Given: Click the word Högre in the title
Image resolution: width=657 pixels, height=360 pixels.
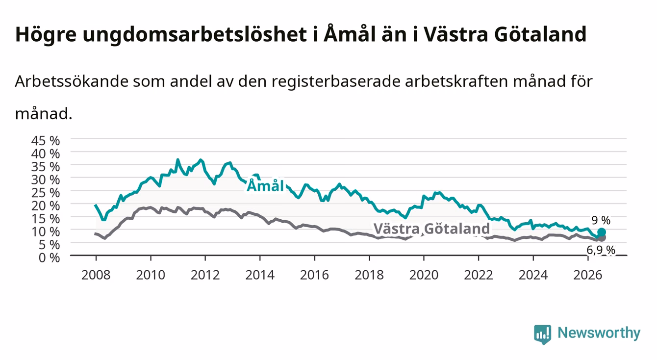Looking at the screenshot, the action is [x=46, y=35].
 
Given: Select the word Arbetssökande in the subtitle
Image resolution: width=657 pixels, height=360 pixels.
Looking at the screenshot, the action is [x=72, y=81].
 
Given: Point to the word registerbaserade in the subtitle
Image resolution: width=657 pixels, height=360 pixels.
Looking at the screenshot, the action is [x=336, y=82].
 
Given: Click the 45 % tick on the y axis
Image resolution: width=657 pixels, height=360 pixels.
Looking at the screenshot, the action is [x=46, y=141].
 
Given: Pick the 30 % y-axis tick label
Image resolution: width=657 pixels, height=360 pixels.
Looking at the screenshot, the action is [x=46, y=180].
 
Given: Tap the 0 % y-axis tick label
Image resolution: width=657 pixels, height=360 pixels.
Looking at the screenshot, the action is [x=49, y=257].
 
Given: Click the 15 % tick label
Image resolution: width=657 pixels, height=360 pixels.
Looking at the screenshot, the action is [x=46, y=219].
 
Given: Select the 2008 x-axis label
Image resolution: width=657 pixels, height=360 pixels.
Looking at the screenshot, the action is [x=96, y=275].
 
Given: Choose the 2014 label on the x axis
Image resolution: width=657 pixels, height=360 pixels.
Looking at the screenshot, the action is [x=260, y=275].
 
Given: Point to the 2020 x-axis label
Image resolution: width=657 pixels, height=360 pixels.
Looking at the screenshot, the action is [x=424, y=275].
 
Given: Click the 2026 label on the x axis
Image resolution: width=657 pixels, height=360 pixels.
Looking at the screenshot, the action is [x=588, y=275].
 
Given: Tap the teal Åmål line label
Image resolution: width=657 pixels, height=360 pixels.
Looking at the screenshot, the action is [x=265, y=186].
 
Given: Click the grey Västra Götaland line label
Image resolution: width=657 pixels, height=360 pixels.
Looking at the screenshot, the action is [x=431, y=229].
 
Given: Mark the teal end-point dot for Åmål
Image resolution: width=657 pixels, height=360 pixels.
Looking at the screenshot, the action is [x=602, y=232].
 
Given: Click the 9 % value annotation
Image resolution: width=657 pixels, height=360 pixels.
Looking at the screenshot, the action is [x=601, y=220].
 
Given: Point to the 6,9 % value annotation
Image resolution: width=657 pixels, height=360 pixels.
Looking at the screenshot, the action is [x=601, y=250].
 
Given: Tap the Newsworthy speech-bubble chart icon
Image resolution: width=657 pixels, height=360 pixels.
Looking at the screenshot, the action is [x=543, y=334].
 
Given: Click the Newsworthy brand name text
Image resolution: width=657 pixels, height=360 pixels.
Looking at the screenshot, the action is [x=599, y=333].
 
